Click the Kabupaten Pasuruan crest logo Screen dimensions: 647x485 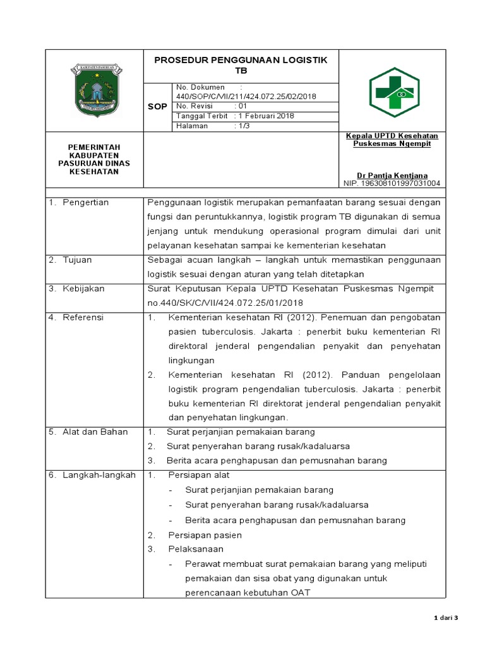[x=95, y=90]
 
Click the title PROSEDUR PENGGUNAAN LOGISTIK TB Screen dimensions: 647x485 [x=241, y=65]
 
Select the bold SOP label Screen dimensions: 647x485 [x=157, y=107]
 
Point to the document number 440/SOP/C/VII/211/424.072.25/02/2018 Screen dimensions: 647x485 [x=246, y=96]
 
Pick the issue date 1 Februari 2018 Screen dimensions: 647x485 [x=265, y=116]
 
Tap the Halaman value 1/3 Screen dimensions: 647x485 [x=242, y=126]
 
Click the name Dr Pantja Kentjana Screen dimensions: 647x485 [x=392, y=175]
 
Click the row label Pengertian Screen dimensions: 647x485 [x=86, y=202]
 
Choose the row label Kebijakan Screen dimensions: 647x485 [x=83, y=288]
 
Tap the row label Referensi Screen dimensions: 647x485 [x=83, y=317]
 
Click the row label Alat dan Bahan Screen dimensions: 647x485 [x=95, y=432]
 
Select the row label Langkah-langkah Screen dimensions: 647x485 [x=99, y=475]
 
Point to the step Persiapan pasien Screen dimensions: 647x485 [x=205, y=535]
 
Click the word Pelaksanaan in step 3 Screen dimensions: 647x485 [x=196, y=549]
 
